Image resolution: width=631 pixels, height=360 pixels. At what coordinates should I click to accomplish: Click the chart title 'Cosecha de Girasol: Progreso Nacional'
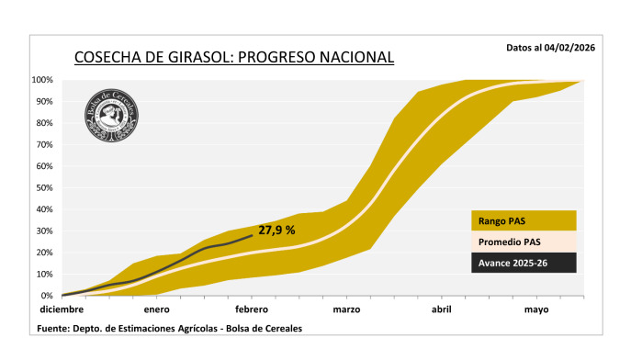233,58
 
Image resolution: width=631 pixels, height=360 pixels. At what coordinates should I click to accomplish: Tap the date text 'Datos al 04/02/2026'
550,47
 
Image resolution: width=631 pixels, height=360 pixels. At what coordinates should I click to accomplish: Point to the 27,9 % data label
276,230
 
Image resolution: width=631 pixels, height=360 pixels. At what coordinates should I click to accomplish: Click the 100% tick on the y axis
44,80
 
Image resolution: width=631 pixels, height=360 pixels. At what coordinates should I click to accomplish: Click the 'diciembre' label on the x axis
60,309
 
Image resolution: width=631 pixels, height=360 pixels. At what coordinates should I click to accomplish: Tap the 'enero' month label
156,309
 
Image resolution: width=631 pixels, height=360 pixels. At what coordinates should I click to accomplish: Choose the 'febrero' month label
252,309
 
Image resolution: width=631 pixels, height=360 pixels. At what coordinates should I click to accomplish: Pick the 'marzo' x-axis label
346,309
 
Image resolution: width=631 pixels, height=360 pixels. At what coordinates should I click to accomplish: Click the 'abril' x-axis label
442,309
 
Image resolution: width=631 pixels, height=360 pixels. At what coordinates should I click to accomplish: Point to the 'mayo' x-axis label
536,309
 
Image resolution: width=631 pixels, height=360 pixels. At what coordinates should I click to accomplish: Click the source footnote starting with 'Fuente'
169,328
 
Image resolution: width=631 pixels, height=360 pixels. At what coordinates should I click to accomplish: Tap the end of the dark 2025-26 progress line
252,235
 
